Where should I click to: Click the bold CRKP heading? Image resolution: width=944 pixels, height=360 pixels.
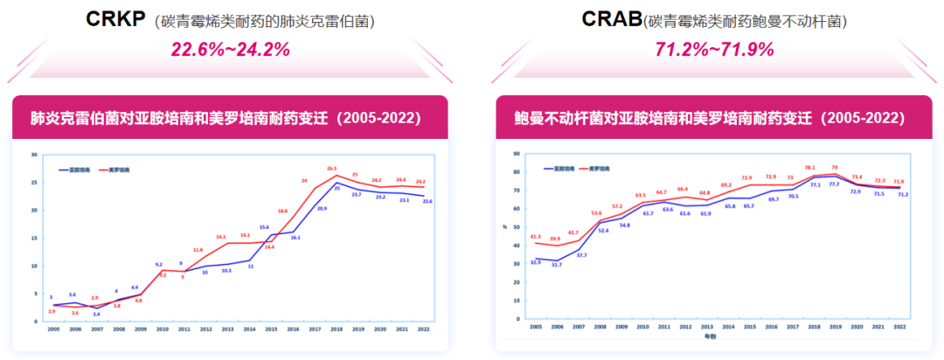click(115, 19)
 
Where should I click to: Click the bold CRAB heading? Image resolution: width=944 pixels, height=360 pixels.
click(612, 19)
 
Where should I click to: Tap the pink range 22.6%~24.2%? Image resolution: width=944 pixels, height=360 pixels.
click(231, 50)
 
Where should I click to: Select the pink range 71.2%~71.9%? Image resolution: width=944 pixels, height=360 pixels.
click(714, 50)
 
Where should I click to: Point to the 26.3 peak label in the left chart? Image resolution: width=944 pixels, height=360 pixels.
click(332, 168)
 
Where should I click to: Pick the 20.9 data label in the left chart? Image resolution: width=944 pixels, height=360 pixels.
click(323, 209)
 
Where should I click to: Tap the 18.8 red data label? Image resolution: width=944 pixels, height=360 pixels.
click(283, 211)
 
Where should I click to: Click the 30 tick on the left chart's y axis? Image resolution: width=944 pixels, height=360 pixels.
click(34, 156)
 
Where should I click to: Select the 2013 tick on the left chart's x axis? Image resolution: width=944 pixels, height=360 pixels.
click(227, 330)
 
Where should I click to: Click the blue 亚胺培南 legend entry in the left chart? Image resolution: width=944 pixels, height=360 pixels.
click(72, 170)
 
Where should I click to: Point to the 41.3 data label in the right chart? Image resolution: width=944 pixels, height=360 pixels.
click(536, 236)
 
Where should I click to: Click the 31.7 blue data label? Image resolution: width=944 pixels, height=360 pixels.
click(557, 264)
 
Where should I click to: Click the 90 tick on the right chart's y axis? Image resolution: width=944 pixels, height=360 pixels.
click(517, 153)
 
